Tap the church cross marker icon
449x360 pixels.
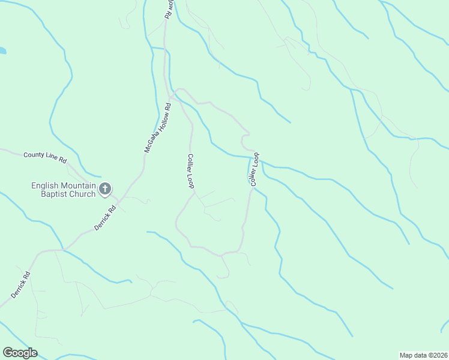[x=105, y=190]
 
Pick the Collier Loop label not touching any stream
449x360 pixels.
[x=191, y=171]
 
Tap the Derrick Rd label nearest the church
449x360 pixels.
[x=104, y=219]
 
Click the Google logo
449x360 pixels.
[x=20, y=353]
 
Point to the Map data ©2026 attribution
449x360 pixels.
[x=423, y=355]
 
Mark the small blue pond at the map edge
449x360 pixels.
[x=2, y=51]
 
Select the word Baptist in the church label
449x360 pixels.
[x=50, y=194]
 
